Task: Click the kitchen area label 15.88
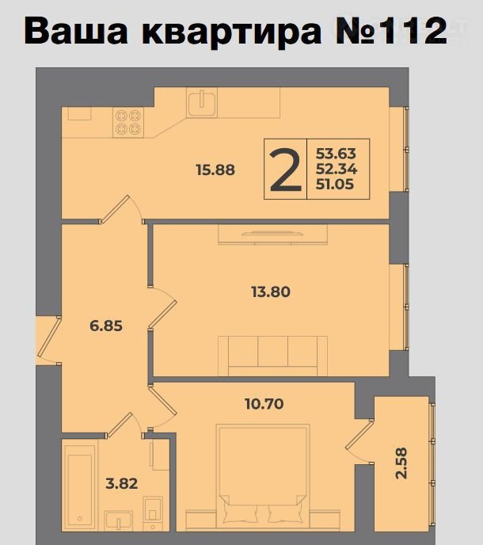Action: [x=215, y=170]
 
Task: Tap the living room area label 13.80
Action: [x=271, y=292]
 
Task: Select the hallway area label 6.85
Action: [x=106, y=326]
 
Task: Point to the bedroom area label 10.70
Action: [x=264, y=404]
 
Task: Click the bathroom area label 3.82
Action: [x=122, y=483]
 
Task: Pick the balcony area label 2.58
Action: [x=401, y=463]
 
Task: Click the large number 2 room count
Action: [x=286, y=170]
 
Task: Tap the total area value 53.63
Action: [x=336, y=154]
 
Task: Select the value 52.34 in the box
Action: [x=337, y=169]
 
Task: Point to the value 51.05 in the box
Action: [x=335, y=185]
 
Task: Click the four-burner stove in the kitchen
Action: [x=128, y=122]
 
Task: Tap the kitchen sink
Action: [x=202, y=102]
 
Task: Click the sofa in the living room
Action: [x=272, y=356]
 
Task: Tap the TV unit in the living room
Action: [x=272, y=234]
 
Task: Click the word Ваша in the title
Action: [x=76, y=31]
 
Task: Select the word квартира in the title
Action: [x=232, y=33]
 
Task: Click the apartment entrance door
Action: [x=49, y=341]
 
